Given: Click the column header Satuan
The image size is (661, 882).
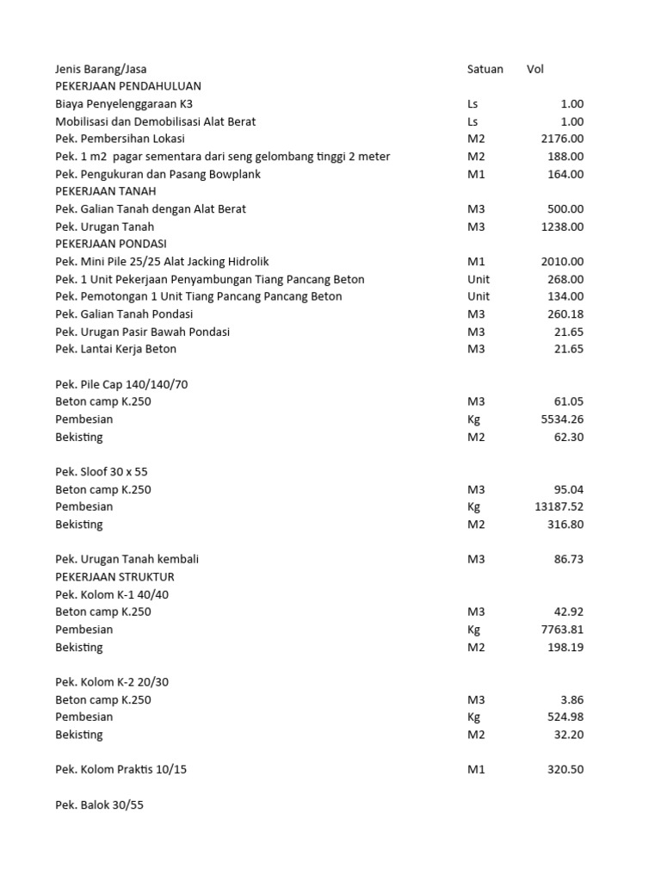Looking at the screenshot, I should point(485,69).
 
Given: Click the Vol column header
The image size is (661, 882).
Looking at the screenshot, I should point(535,69).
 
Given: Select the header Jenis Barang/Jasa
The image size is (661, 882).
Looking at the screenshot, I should point(107,69).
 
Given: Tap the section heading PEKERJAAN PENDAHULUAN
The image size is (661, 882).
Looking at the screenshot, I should point(128,86).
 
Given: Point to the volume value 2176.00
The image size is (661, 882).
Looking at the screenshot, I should point(562,139).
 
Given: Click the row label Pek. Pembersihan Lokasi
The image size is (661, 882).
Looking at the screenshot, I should point(120,139).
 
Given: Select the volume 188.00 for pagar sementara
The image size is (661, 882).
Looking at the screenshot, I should point(565,156).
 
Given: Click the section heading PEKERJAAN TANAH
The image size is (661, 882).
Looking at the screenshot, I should point(106,191).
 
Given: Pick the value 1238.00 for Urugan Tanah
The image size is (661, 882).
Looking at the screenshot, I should point(562,227).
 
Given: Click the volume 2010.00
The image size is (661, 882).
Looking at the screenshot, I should point(562,262).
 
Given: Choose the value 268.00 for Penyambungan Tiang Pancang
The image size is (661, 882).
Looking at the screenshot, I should point(565,279).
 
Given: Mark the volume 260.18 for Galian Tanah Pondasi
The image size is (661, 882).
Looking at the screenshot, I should point(565,314).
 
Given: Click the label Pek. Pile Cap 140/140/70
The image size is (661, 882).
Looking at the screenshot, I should point(121,384).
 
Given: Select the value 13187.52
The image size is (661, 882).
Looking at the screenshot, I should point(559,506).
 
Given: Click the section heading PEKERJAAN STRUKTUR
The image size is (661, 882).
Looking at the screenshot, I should point(114,576).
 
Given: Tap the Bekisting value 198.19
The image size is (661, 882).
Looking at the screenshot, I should point(565,647).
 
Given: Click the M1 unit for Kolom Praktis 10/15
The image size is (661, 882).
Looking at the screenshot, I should point(476,769).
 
